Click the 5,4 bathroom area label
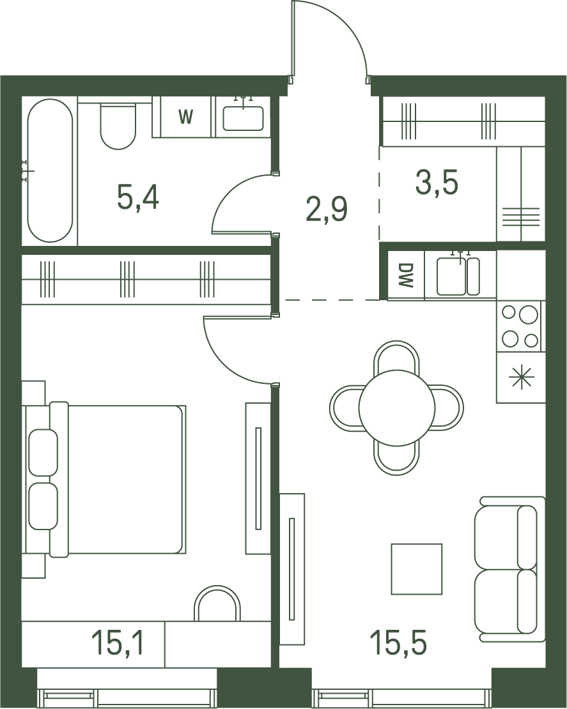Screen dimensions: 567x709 tap(138, 198)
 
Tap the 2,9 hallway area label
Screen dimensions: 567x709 tap(327, 210)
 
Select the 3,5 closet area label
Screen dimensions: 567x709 tap(437, 182)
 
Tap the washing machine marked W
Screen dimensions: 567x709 tap(185, 117)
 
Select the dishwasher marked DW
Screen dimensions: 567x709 tap(406, 275)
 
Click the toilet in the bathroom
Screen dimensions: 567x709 tap(118, 126)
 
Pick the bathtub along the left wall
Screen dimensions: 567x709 tap(50, 171)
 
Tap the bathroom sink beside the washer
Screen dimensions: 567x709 tap(244, 118)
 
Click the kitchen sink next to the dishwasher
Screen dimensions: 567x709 tap(458, 276)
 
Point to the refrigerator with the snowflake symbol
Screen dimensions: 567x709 tap(521, 377)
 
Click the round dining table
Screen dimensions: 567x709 tap(397, 407)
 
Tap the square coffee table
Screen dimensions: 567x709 tap(416, 569)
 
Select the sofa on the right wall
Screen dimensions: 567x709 tap(509, 569)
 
